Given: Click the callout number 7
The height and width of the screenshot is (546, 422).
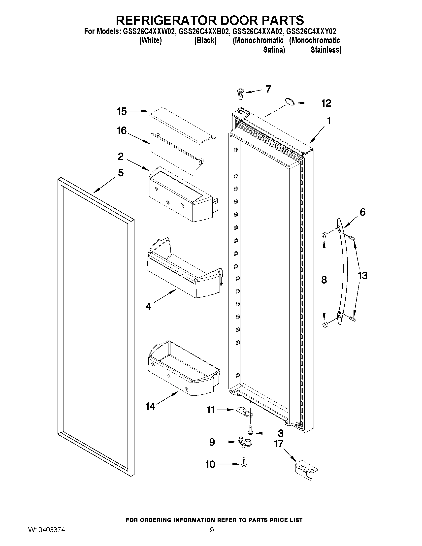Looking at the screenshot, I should point(268,89).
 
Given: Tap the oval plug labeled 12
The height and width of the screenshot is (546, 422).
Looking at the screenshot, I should point(290,101).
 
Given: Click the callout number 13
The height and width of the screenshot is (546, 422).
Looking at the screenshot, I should point(362,276).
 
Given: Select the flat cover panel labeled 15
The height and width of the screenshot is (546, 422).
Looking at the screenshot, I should point(183,127).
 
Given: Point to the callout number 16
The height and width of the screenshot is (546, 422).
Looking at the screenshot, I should point(122,130).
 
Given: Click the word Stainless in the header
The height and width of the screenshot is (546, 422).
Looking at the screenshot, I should point(325,50).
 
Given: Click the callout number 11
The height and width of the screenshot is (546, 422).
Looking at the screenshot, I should point(210,410).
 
